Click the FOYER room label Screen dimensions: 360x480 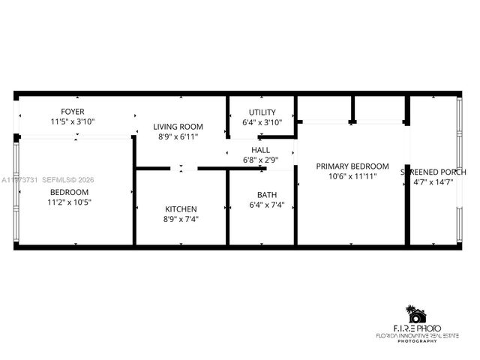click(73, 111)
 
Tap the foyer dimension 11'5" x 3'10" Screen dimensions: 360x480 click(73, 121)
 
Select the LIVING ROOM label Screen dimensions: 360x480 click(179, 127)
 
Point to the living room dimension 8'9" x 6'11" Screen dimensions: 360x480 click(179, 137)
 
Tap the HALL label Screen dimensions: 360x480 click(261, 150)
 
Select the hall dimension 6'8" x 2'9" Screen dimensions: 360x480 click(261, 160)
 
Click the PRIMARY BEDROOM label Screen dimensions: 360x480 click(352, 166)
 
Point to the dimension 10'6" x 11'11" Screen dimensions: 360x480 click(352, 176)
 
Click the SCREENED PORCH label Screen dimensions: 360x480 click(439, 172)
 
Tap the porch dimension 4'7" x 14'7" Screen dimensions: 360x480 click(439, 181)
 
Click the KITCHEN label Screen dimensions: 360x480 click(181, 209)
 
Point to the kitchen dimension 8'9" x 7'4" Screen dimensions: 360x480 click(181, 220)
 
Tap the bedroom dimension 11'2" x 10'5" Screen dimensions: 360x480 click(70, 202)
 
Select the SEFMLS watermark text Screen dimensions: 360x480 click(61, 180)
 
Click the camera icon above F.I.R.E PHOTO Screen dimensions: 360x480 click(414, 314)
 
